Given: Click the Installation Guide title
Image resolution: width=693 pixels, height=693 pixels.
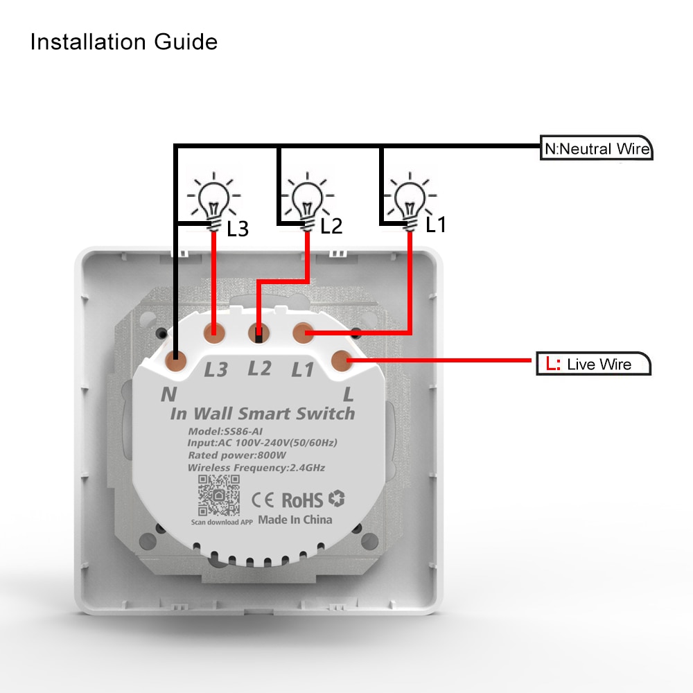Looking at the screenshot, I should coord(123,42).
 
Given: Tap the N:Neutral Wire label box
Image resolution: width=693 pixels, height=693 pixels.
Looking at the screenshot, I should coord(596,148).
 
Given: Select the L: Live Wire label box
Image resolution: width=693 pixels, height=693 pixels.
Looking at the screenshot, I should coord(594,364).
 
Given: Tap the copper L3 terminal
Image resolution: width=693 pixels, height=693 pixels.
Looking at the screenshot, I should coord(214,331).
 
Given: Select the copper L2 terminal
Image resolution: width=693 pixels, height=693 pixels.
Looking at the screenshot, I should coord(258,332).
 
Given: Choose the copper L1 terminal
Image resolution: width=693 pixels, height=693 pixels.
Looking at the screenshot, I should coord(302,332).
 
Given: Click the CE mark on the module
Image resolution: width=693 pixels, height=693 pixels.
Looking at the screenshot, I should coord(264,500).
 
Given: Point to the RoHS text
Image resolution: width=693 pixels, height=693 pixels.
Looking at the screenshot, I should coord(302,500).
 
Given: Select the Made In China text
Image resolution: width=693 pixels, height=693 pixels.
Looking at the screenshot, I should coord(295,520).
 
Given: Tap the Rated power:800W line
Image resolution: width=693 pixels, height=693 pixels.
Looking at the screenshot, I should coord(236,455).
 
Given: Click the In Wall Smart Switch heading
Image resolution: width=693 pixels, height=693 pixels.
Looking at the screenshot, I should coord(262,414).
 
